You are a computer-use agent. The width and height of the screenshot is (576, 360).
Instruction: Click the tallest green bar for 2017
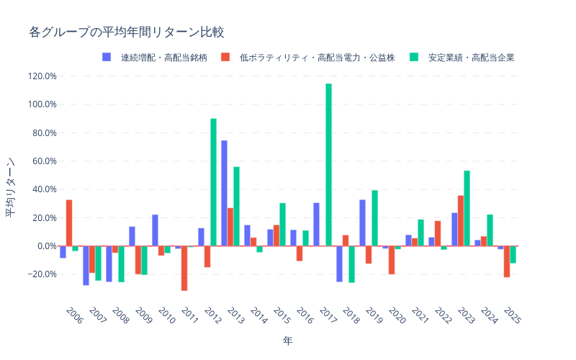pos(328,165)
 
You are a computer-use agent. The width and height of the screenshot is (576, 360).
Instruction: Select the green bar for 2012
pos(213,182)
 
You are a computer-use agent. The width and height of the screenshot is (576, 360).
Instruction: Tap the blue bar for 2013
pos(224,193)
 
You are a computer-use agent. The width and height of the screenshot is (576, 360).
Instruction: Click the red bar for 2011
pos(184,268)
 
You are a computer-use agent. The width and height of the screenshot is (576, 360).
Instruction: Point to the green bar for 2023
pos(467,208)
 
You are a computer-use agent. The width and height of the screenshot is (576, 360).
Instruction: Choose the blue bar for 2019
pos(362,222)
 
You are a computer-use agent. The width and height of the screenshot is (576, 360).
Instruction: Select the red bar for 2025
pos(507,261)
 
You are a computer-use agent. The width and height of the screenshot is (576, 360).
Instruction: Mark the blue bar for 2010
pos(155,230)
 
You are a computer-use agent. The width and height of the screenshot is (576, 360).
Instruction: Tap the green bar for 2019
pos(374,218)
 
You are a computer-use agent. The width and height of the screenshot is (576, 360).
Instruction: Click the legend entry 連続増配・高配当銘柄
pos(156,57)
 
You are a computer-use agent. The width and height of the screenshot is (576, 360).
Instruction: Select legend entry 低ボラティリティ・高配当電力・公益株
pos(310,57)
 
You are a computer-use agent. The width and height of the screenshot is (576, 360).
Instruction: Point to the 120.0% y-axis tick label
pos(42,76)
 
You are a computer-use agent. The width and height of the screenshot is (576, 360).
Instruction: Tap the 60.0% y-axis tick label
pos(43,161)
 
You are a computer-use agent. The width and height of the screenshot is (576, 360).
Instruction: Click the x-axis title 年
pos(287,340)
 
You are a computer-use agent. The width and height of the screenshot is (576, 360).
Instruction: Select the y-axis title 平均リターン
pos(12,187)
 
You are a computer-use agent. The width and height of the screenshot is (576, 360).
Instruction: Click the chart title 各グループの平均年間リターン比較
pos(127,32)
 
